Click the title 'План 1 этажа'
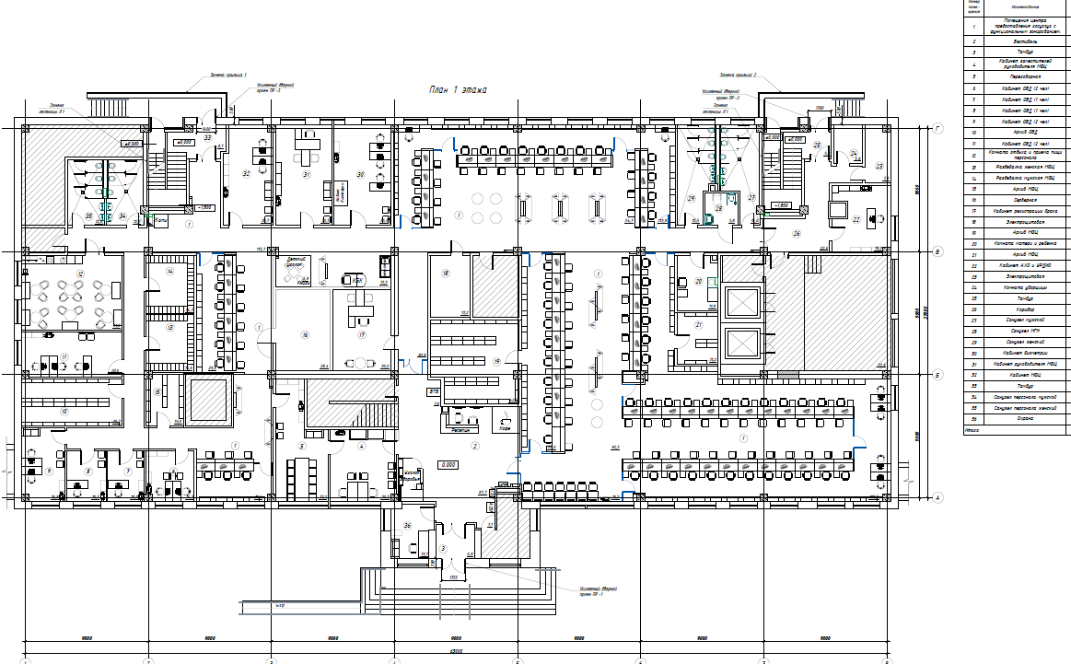pyautogui.click(x=458, y=90)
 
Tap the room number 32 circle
pyautogui.click(x=247, y=173)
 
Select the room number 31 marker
pyautogui.click(x=307, y=174)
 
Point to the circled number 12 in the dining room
pyautogui.click(x=80, y=274)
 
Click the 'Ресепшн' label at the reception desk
pyautogui.click(x=460, y=429)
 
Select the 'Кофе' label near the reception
pyautogui.click(x=504, y=429)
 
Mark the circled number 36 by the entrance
pyautogui.click(x=407, y=525)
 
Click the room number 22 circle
pyautogui.click(x=856, y=219)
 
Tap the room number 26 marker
pyautogui.click(x=797, y=233)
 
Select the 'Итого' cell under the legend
pyautogui.click(x=971, y=429)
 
